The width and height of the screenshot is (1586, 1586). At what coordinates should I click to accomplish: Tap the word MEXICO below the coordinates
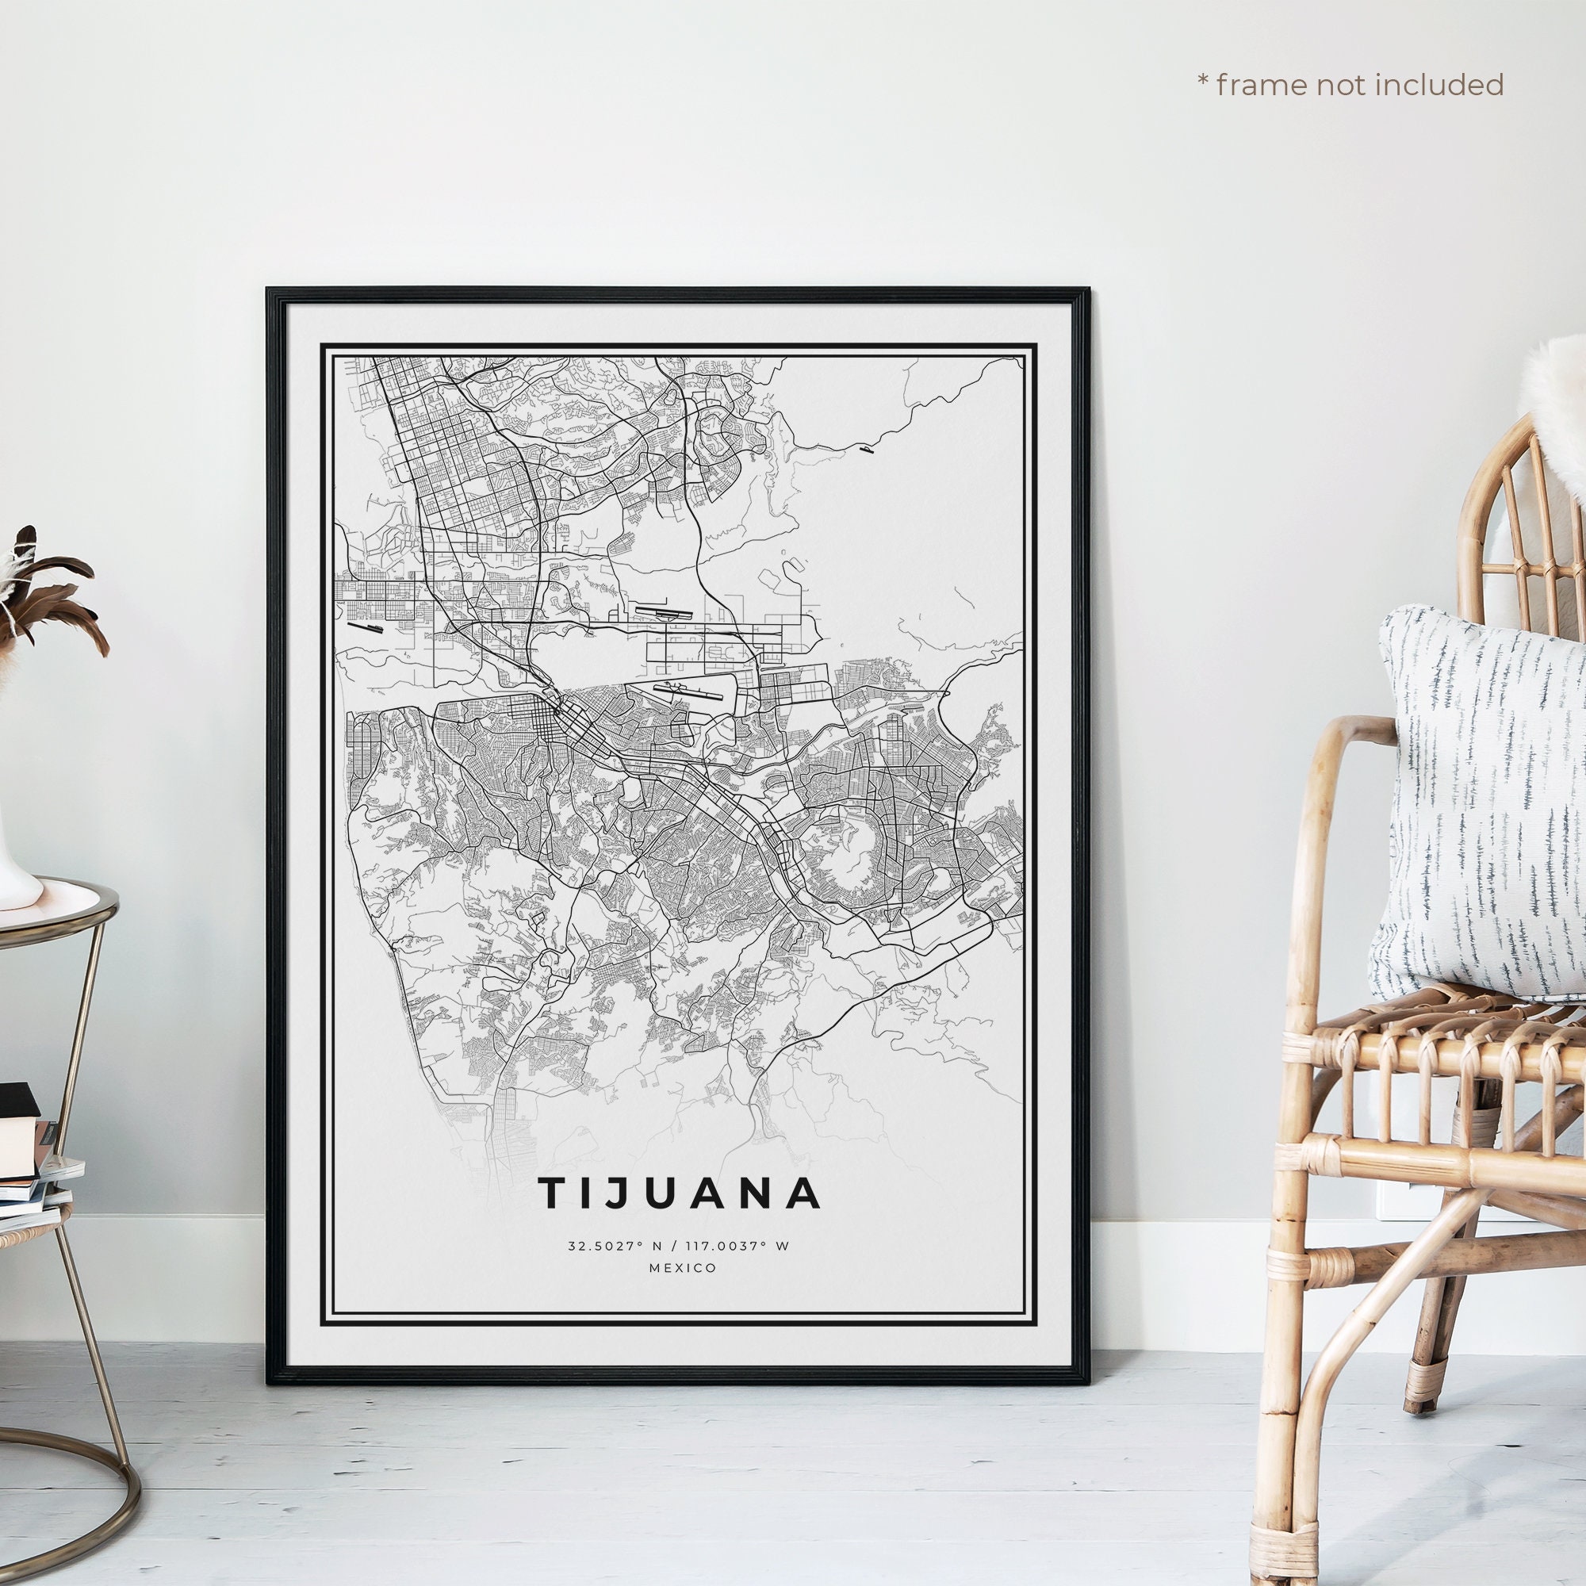[x=682, y=1268]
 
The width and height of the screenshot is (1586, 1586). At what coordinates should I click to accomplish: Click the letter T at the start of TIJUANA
[x=553, y=1193]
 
